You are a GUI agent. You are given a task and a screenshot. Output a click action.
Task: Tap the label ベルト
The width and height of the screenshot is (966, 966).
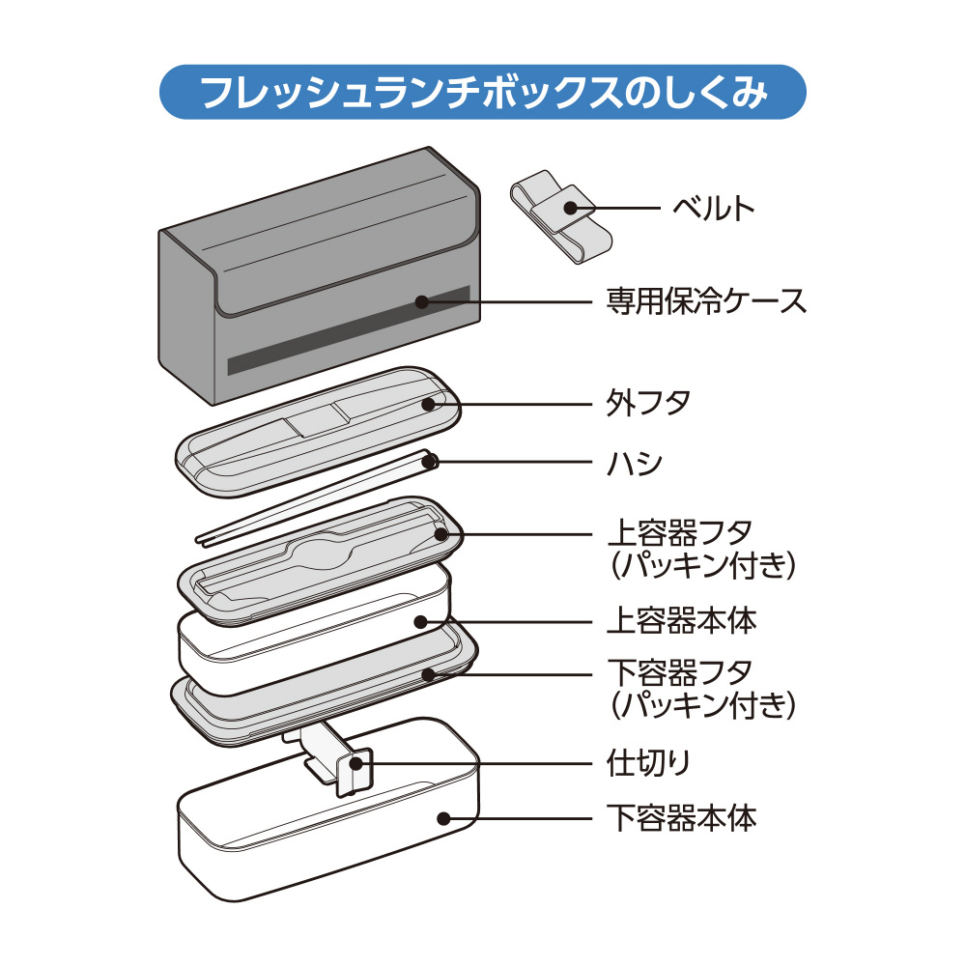[713, 207]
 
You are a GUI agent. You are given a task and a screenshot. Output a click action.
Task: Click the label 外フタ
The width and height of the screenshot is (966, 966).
[649, 402]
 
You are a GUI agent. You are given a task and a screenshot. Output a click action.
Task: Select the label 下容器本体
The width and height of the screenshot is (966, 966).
[681, 819]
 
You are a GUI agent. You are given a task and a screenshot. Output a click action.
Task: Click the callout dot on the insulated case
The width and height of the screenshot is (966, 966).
[420, 301]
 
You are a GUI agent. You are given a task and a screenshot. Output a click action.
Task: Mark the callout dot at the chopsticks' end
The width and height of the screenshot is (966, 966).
[432, 463]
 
